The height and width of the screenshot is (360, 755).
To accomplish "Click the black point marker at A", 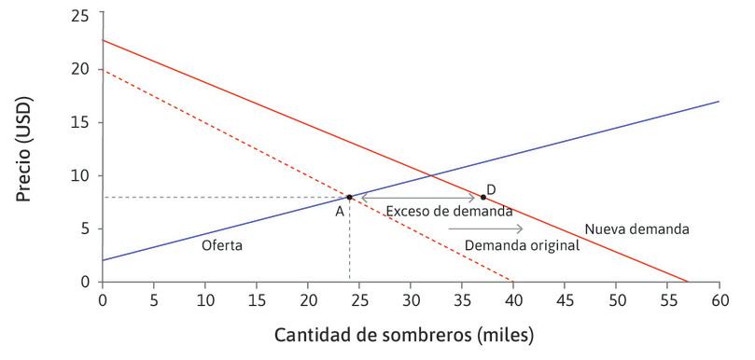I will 349,197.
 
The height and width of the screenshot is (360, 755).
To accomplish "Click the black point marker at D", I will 482,197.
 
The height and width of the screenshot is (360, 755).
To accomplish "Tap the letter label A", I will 341,212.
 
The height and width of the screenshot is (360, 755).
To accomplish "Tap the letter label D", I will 491,189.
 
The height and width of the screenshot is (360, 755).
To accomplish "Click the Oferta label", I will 222,246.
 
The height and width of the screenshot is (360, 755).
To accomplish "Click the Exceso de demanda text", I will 449,212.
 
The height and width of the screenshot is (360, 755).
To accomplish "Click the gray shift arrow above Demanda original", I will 485,228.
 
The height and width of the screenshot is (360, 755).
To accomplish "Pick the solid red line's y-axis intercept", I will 102,40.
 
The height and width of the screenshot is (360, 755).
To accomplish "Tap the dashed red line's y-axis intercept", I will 102,70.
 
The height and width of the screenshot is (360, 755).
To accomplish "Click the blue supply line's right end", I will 718,102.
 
